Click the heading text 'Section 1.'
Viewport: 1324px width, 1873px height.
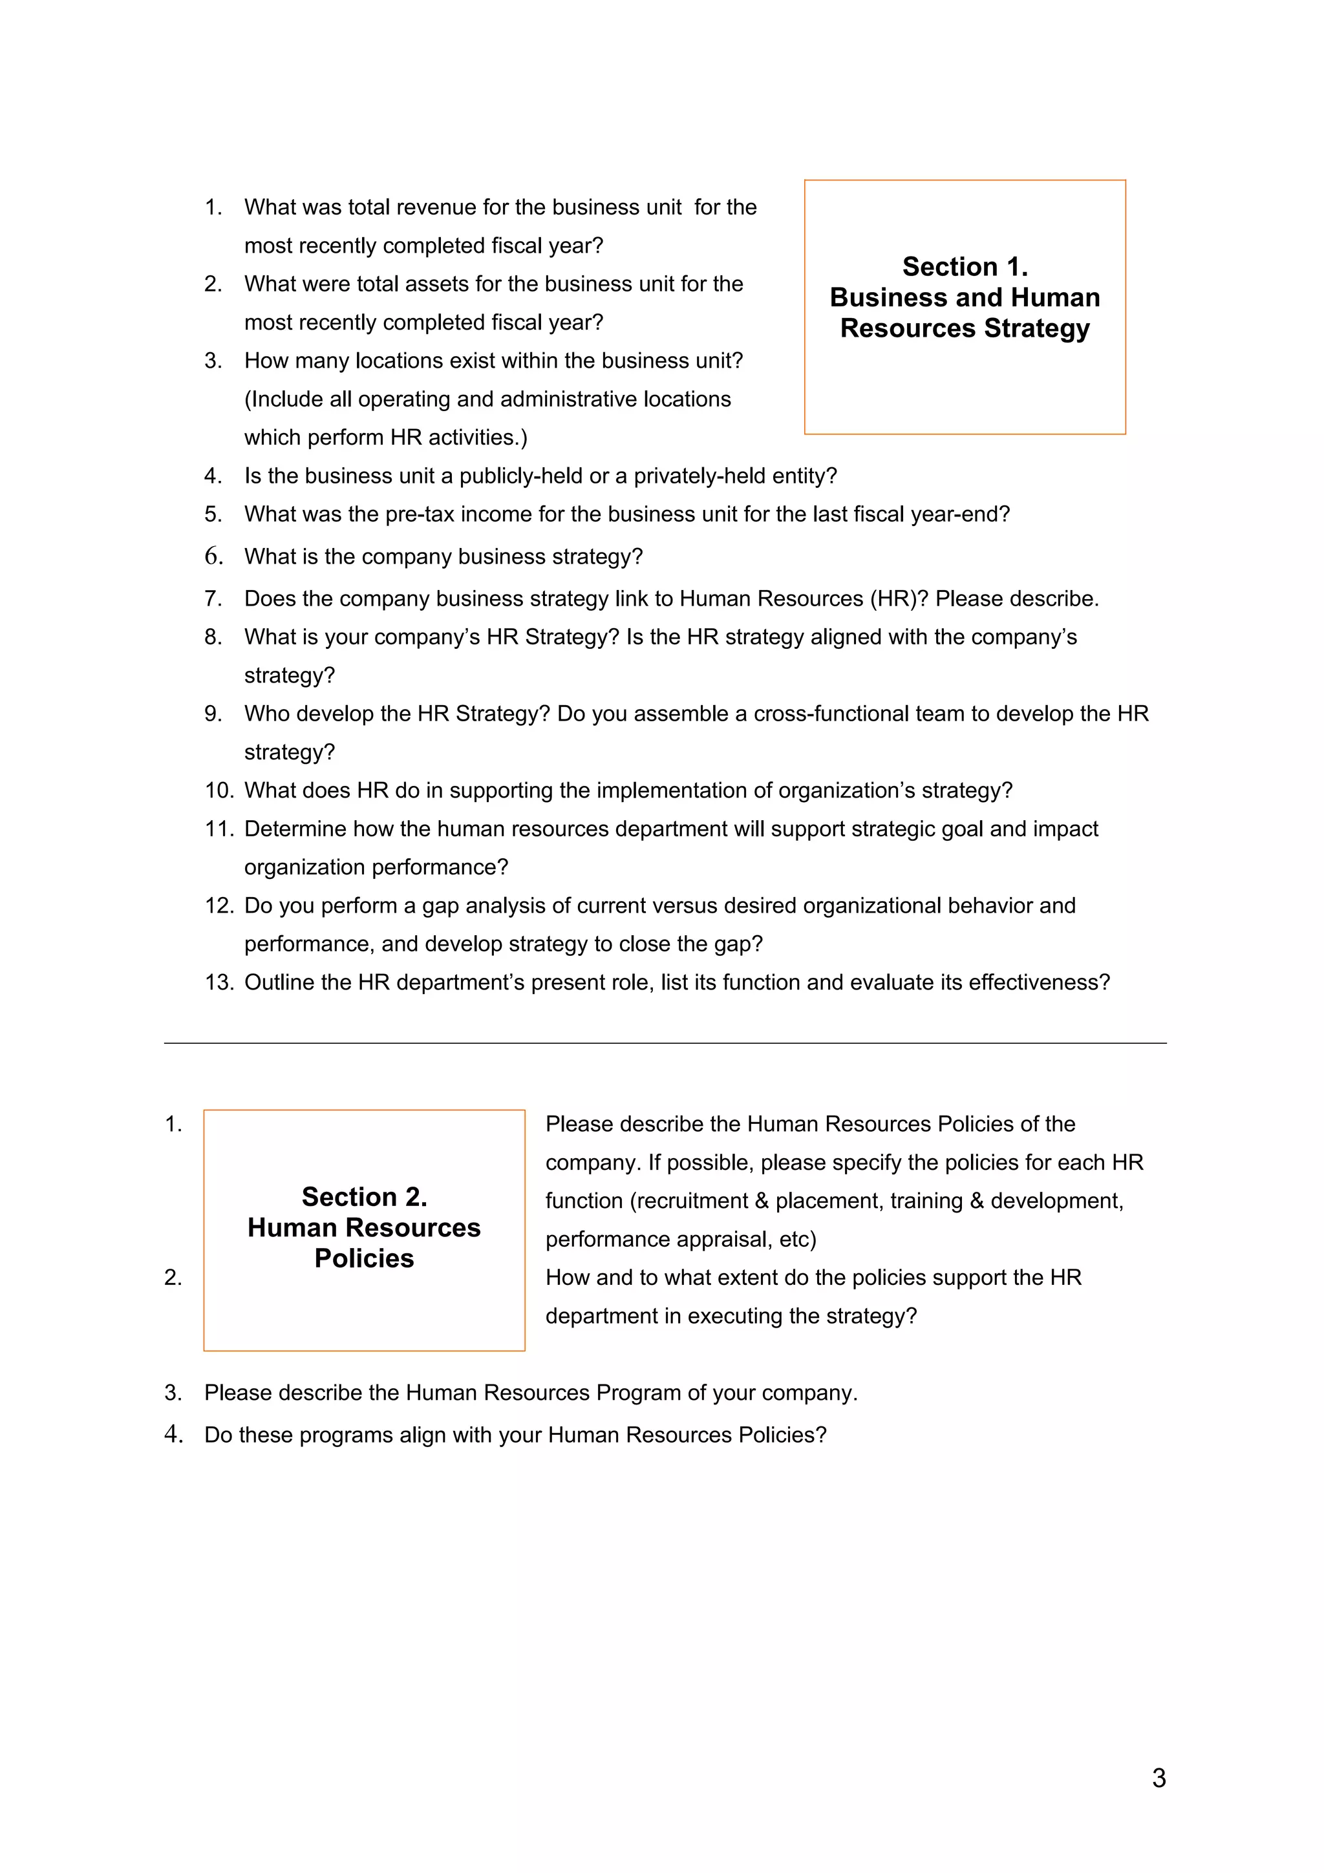click(x=965, y=267)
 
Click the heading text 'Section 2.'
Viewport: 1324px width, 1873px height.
click(x=364, y=1197)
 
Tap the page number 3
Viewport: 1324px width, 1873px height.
click(x=1158, y=1777)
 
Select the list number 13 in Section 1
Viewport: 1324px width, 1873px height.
click(x=219, y=982)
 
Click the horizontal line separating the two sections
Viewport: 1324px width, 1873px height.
click(x=665, y=1042)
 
